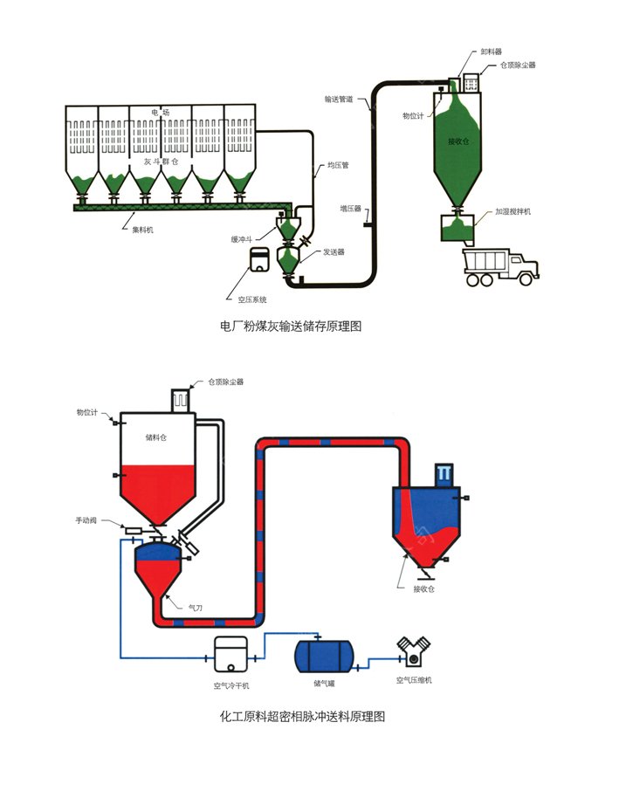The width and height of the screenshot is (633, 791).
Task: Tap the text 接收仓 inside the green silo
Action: (x=458, y=141)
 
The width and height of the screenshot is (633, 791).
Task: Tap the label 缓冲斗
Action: (x=243, y=238)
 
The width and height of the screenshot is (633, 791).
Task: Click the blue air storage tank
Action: (x=324, y=654)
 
